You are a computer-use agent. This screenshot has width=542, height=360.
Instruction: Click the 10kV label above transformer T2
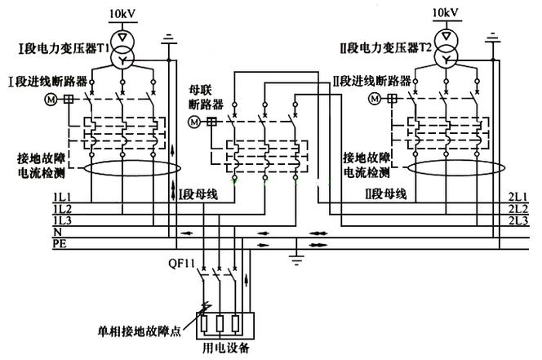pos(445,14)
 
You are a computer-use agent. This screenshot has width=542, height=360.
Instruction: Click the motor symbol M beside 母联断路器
pos(194,121)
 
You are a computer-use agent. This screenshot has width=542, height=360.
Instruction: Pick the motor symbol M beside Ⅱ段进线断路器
pos(375,99)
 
